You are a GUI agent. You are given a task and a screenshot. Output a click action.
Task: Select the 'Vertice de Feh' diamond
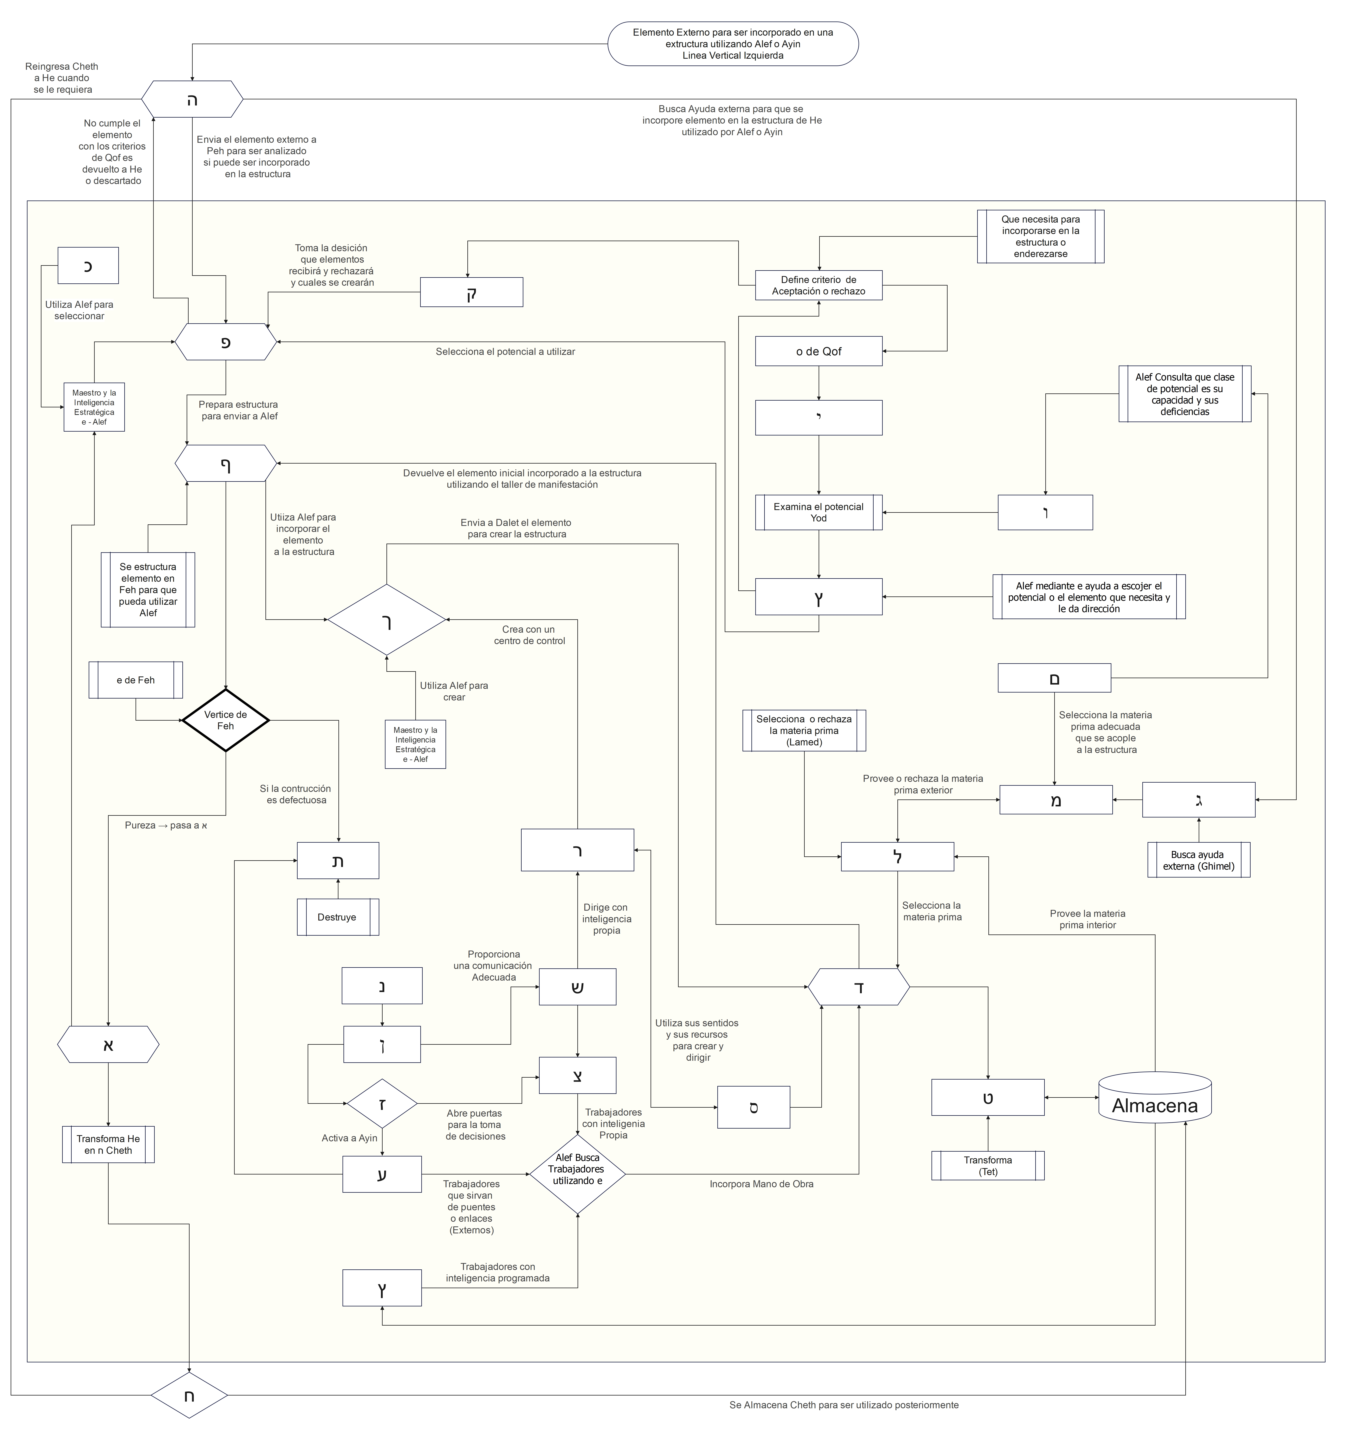point(226,720)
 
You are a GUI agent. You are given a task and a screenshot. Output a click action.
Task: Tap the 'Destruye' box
point(337,917)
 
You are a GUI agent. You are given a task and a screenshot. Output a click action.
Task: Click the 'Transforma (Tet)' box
point(988,1166)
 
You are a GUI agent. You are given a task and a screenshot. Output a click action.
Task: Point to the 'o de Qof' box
point(819,351)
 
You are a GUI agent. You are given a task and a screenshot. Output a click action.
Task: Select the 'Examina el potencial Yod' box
point(819,512)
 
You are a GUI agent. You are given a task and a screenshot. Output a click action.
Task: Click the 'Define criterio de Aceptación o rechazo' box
point(819,285)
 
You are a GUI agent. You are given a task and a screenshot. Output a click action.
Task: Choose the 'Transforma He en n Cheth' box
point(108,1145)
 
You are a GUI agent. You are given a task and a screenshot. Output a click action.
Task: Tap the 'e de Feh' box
point(136,680)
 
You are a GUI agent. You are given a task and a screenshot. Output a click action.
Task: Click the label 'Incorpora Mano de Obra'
point(761,1184)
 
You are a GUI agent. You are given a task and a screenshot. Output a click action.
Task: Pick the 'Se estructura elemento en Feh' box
point(148,590)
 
